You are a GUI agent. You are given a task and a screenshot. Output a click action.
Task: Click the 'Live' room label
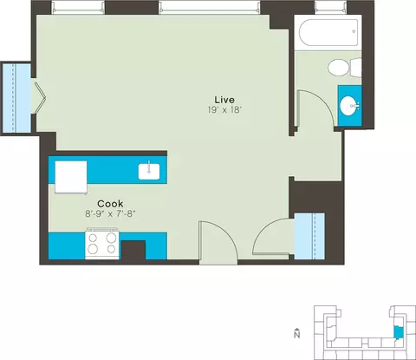point(224,100)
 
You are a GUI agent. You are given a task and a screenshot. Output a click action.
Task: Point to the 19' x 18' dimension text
point(224,110)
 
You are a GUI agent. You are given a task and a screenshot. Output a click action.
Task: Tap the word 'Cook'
point(110,204)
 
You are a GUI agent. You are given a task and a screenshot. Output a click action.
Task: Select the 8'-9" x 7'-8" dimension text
point(110,214)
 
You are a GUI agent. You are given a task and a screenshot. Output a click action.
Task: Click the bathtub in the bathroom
point(328,32)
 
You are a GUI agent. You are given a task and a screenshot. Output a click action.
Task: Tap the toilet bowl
point(338,68)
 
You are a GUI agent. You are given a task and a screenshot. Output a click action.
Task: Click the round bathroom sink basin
point(349,106)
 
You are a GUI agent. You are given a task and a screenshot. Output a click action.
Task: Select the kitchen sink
point(149,172)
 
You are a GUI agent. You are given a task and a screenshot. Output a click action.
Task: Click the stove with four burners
point(102,244)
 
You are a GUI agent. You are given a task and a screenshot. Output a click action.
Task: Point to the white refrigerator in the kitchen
point(71,177)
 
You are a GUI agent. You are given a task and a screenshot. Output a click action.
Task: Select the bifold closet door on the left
point(40,99)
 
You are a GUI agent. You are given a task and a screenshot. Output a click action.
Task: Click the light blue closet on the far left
point(16,97)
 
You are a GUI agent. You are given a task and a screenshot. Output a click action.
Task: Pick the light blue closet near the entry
point(309,236)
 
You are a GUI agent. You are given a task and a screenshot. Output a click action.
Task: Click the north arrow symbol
point(296,333)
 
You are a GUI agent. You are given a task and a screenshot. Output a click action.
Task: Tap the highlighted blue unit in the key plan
point(398,332)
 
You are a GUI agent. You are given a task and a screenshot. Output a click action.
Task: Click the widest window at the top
point(209,8)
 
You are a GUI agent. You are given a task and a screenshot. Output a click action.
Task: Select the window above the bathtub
point(330,8)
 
